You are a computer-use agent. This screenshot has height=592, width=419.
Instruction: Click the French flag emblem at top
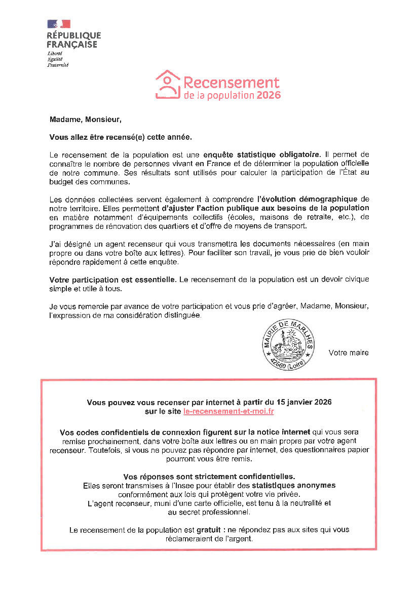[x=59, y=24]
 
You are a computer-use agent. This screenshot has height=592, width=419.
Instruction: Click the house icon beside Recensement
[x=168, y=84]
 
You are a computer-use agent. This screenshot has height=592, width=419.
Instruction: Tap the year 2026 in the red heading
[x=269, y=95]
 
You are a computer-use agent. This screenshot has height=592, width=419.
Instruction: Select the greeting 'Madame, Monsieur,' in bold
[x=86, y=120]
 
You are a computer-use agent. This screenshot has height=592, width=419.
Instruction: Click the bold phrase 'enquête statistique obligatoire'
[x=261, y=154]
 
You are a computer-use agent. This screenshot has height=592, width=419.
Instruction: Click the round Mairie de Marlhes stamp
[x=288, y=345]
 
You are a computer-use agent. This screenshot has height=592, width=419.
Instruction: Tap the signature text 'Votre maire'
[x=349, y=352]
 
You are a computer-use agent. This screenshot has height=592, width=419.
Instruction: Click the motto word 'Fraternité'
[x=58, y=65]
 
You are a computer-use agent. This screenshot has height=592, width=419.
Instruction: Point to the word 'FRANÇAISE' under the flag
[x=72, y=44]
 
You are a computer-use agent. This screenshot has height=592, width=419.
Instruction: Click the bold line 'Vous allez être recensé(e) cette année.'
[x=121, y=137]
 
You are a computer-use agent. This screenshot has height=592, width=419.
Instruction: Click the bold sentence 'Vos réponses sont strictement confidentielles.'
[x=209, y=477]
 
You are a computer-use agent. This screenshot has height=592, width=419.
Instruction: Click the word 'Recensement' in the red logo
[x=231, y=83]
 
